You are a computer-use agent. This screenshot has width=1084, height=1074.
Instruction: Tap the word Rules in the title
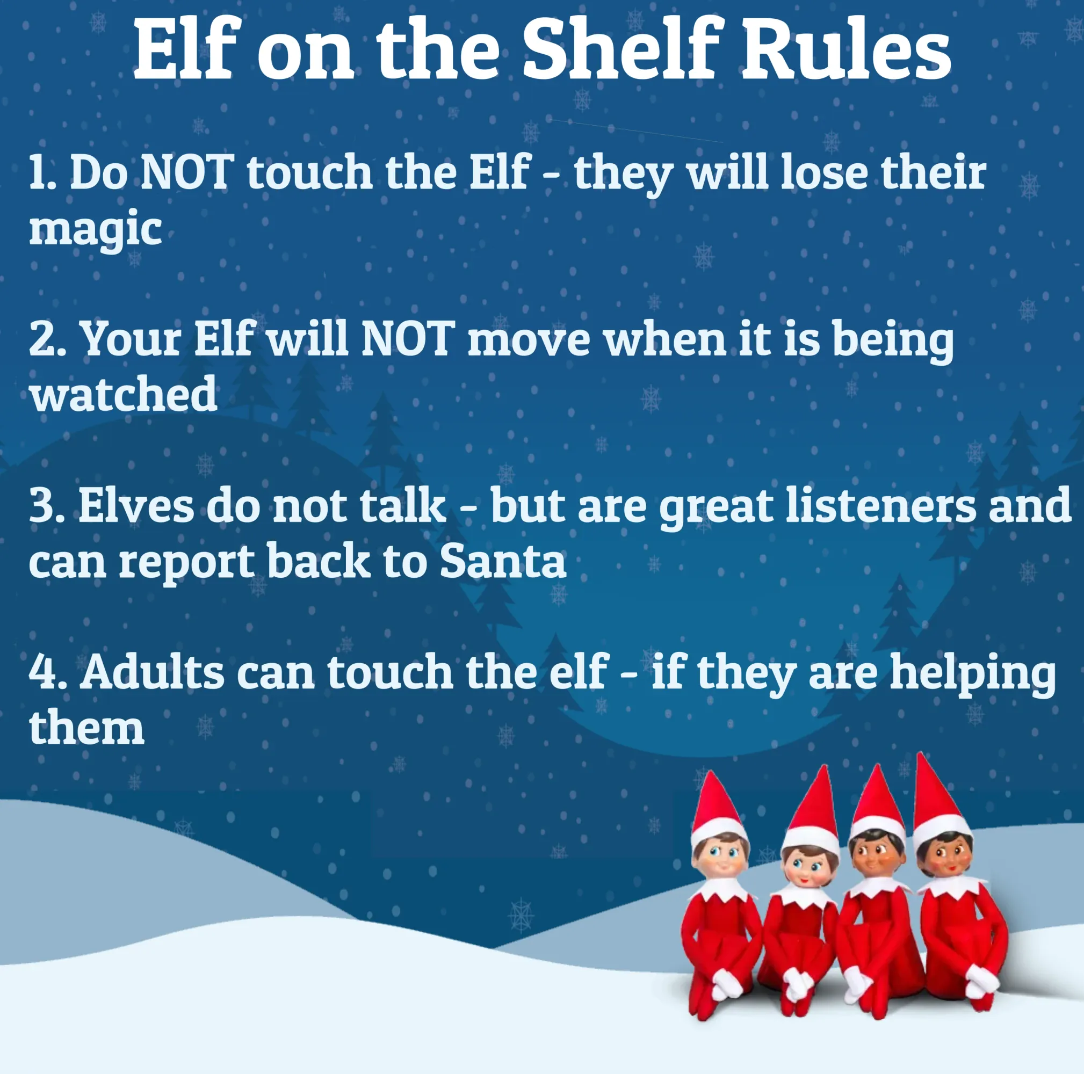point(847,50)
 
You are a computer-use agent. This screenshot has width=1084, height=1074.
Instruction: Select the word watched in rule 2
point(124,394)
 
